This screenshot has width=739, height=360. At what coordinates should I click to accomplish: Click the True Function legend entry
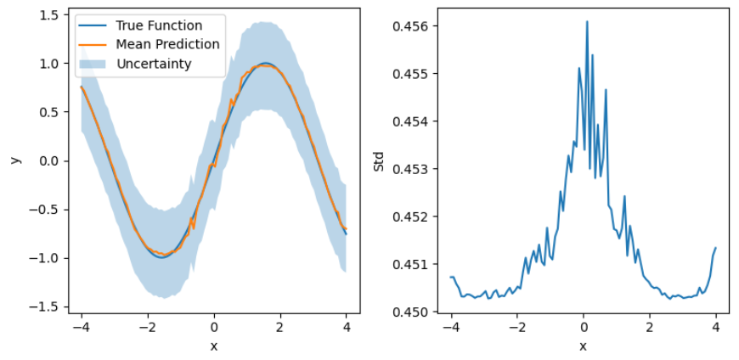click(x=159, y=25)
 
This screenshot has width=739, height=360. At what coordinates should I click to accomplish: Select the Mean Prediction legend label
click(x=167, y=44)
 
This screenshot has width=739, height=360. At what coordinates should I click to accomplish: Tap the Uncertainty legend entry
click(x=153, y=64)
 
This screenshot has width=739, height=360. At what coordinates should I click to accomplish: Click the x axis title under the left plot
click(x=214, y=346)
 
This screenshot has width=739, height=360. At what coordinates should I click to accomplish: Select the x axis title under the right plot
click(x=583, y=346)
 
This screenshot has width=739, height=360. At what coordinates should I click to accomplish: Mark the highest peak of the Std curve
click(x=587, y=22)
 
